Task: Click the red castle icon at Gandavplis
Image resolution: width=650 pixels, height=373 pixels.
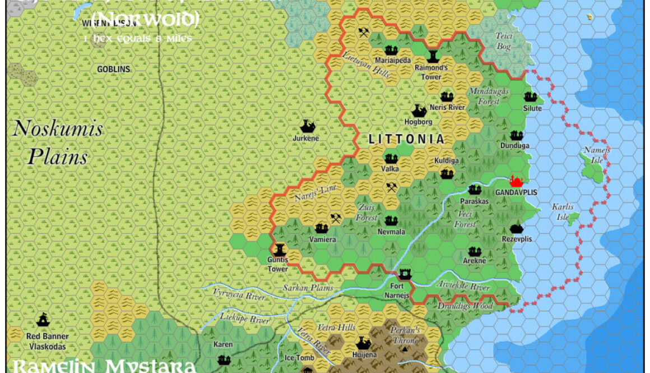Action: (x=516, y=181)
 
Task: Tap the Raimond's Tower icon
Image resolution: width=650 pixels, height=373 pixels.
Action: (x=433, y=56)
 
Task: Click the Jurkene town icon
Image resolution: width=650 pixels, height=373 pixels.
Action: (x=307, y=126)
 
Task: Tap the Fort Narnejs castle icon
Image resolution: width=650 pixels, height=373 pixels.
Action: (x=405, y=274)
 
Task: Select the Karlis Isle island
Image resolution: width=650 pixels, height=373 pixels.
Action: (x=573, y=219)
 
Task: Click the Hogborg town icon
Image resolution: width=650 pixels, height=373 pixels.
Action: (x=419, y=110)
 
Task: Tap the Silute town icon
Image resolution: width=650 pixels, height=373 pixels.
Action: (x=531, y=97)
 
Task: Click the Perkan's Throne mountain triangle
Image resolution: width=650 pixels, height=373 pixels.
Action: (x=405, y=349)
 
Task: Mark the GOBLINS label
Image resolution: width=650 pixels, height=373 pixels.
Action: (x=114, y=70)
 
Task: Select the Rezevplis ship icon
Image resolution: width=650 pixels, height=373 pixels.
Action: (x=516, y=228)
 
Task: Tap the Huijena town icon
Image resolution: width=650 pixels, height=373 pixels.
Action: (x=363, y=343)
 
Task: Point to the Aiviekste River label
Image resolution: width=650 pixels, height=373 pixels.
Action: (x=463, y=287)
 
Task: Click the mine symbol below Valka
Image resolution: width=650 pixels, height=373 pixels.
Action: (x=391, y=187)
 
